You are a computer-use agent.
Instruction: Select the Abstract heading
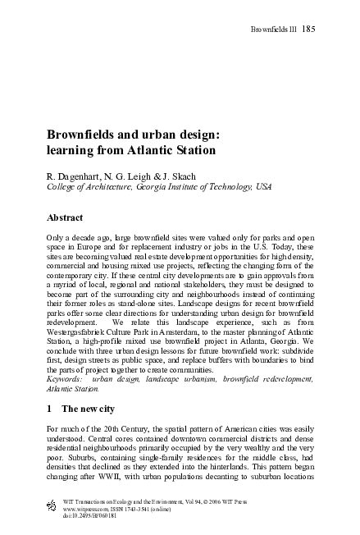(x=67, y=218)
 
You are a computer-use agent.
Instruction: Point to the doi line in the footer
(x=74, y=516)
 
